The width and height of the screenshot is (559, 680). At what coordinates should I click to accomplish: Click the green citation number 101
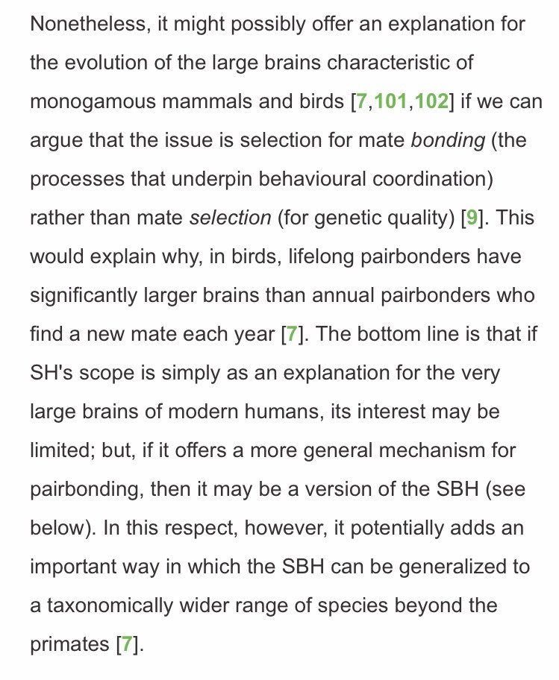pos(390,101)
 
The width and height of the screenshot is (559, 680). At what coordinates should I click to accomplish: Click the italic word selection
pos(231,218)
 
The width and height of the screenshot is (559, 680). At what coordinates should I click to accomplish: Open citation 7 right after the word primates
pos(126,644)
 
